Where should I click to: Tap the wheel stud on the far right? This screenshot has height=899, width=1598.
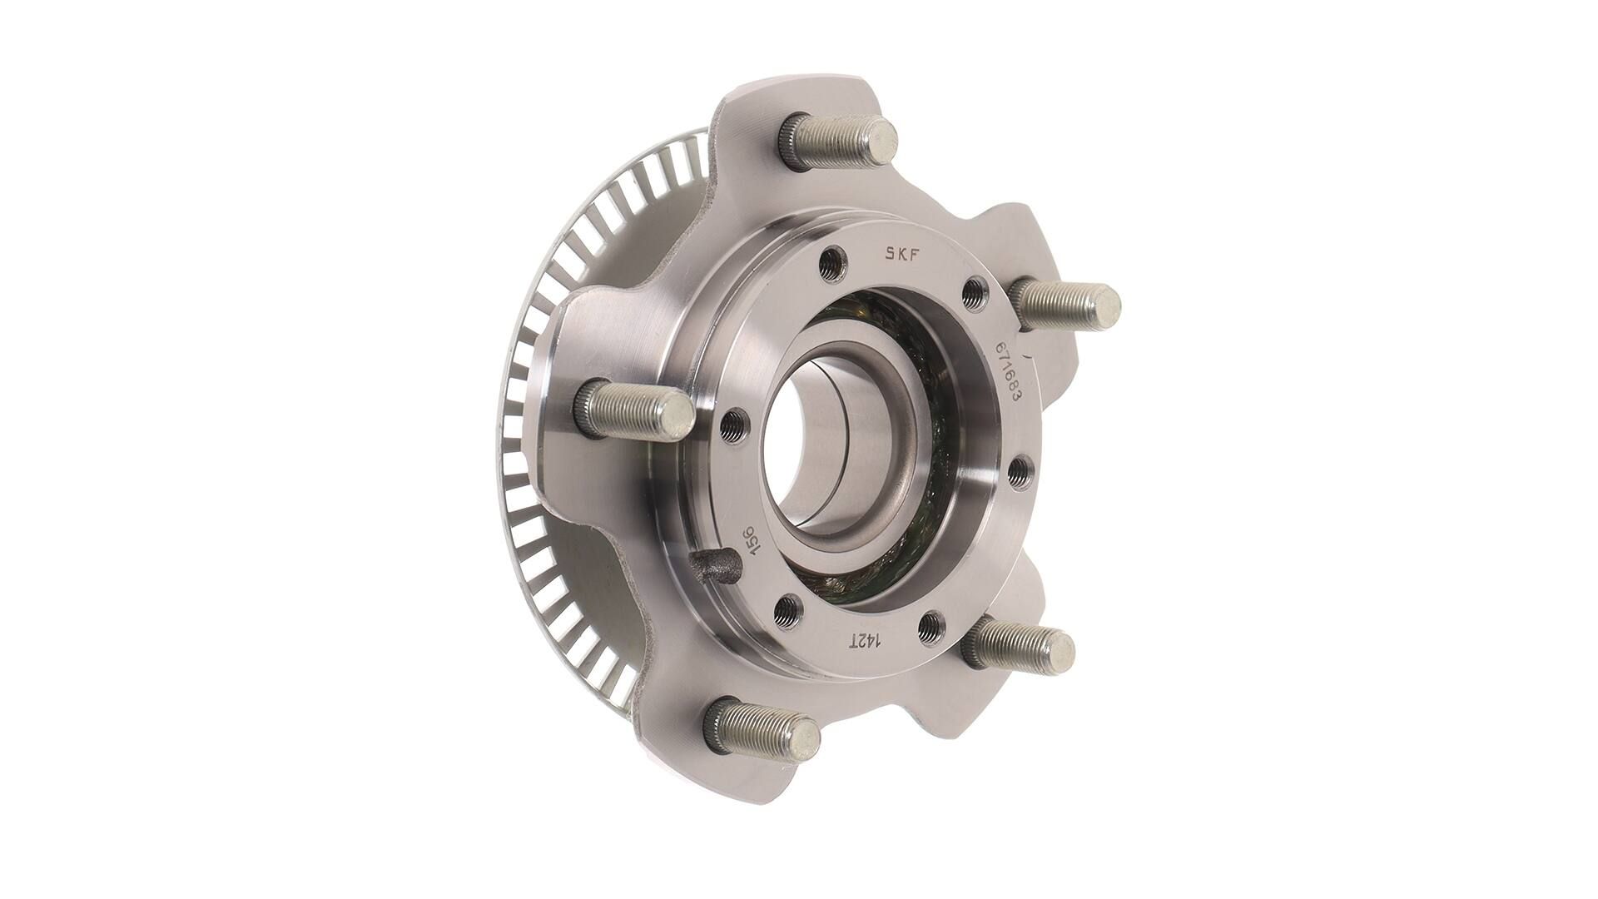(x=1065, y=303)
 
